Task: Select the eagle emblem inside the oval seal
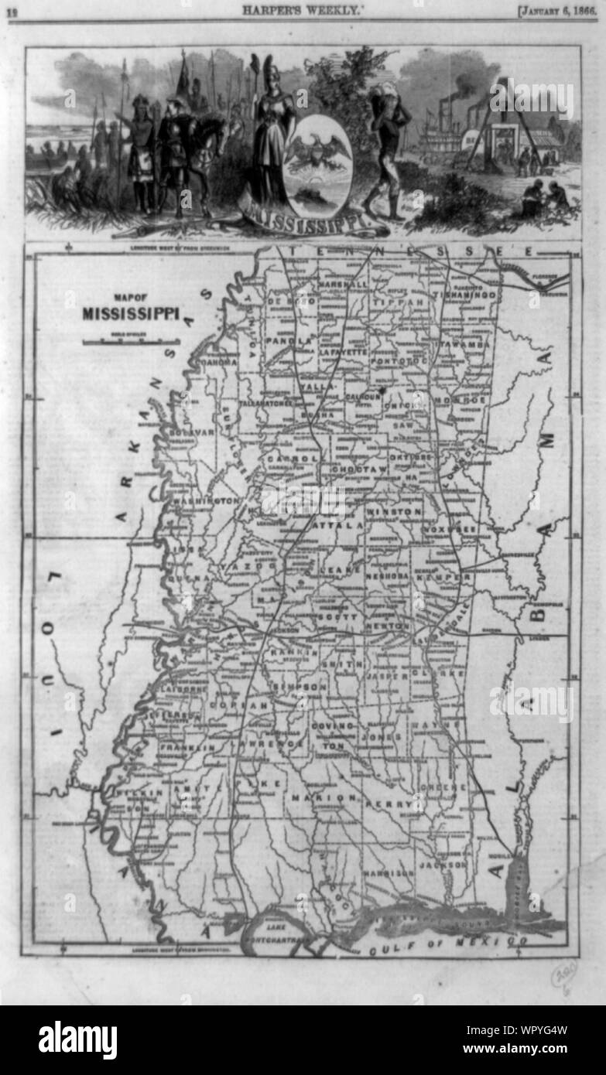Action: point(317,149)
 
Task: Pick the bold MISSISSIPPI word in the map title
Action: point(131,314)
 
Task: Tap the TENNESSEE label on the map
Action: point(409,252)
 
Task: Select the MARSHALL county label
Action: point(342,285)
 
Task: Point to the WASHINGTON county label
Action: point(207,501)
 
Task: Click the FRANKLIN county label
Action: point(187,748)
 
